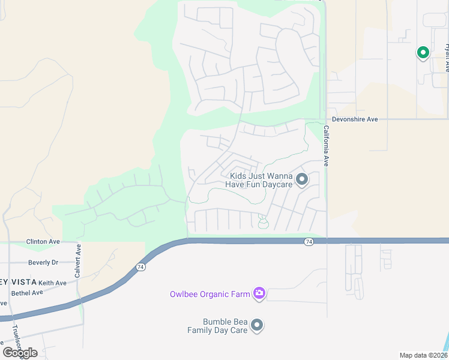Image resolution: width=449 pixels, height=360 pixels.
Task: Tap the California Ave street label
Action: [327, 146]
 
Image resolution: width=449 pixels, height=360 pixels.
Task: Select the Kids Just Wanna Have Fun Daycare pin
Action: [302, 179]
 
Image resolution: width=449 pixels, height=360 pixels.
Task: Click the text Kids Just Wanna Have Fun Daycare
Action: [259, 180]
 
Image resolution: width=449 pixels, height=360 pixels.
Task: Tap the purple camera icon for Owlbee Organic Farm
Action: [259, 293]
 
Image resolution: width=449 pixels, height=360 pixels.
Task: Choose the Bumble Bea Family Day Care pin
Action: [257, 325]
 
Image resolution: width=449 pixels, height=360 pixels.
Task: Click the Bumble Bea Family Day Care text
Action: [217, 326]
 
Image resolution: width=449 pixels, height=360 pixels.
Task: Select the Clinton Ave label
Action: [43, 242]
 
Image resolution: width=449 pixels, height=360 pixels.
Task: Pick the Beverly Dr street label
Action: [43, 262]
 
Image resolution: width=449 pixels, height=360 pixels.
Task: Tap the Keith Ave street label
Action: [52, 283]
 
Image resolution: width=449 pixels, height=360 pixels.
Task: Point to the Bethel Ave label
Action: [28, 293]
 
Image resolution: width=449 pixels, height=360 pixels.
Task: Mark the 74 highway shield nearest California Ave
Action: [309, 241]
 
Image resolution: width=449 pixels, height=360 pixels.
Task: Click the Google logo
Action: [20, 352]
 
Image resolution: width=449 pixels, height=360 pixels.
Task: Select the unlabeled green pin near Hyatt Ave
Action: [423, 53]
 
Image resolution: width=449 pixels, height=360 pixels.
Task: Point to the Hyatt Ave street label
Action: [446, 57]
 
